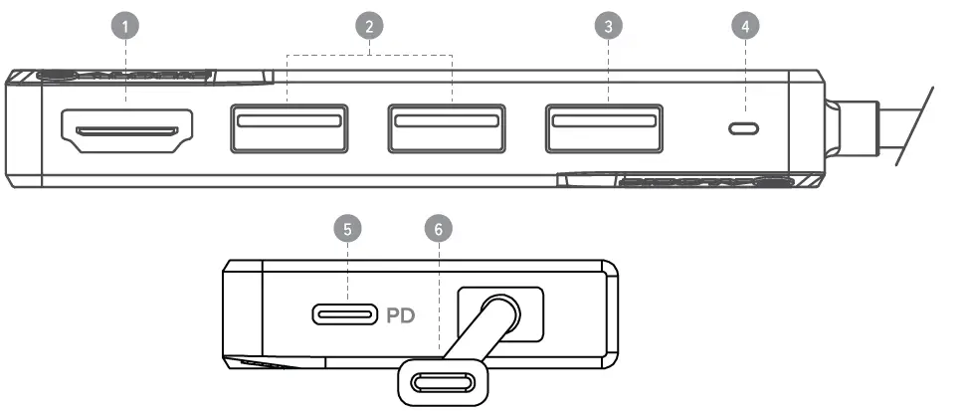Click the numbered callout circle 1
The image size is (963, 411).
tap(125, 28)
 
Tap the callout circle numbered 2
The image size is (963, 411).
tap(369, 28)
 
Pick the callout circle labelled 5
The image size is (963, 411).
tap(346, 230)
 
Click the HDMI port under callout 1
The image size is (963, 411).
tap(127, 130)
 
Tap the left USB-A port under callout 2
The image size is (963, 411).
tap(289, 127)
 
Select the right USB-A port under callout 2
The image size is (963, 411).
tap(445, 127)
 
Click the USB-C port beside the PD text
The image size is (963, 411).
tap(344, 315)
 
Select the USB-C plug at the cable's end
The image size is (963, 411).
tap(444, 381)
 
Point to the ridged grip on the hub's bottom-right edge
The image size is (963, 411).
tap(696, 183)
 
